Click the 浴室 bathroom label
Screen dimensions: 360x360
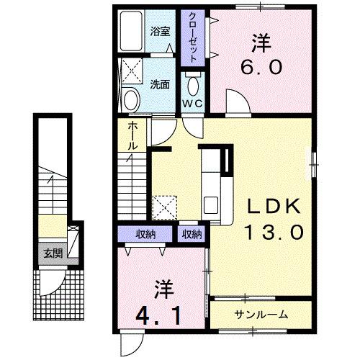click(159, 32)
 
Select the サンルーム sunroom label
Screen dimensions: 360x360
click(261, 314)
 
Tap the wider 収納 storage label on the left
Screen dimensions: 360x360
click(147, 234)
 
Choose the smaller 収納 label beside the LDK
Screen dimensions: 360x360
click(192, 234)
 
